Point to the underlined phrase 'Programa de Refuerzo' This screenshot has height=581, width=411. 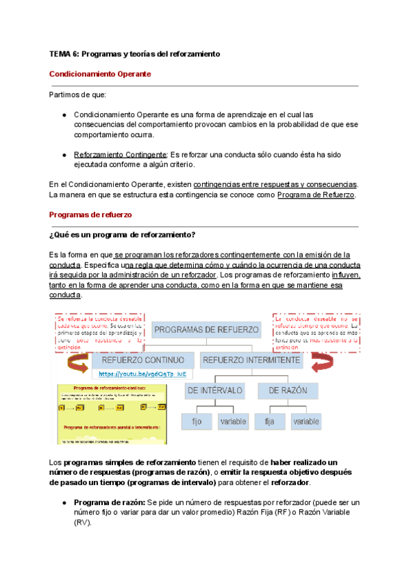316,195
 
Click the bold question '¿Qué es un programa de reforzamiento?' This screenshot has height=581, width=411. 123,235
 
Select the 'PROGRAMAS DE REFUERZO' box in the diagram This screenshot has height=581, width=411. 206,330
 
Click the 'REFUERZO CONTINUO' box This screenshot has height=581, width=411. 142,360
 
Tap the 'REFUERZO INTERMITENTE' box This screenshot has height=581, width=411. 251,360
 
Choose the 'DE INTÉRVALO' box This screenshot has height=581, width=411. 215,391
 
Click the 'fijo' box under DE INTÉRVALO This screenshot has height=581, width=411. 197,422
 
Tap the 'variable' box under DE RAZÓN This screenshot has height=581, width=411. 306,422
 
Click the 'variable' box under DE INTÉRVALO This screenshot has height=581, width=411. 233,422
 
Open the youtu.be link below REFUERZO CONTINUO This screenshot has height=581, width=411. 142,374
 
